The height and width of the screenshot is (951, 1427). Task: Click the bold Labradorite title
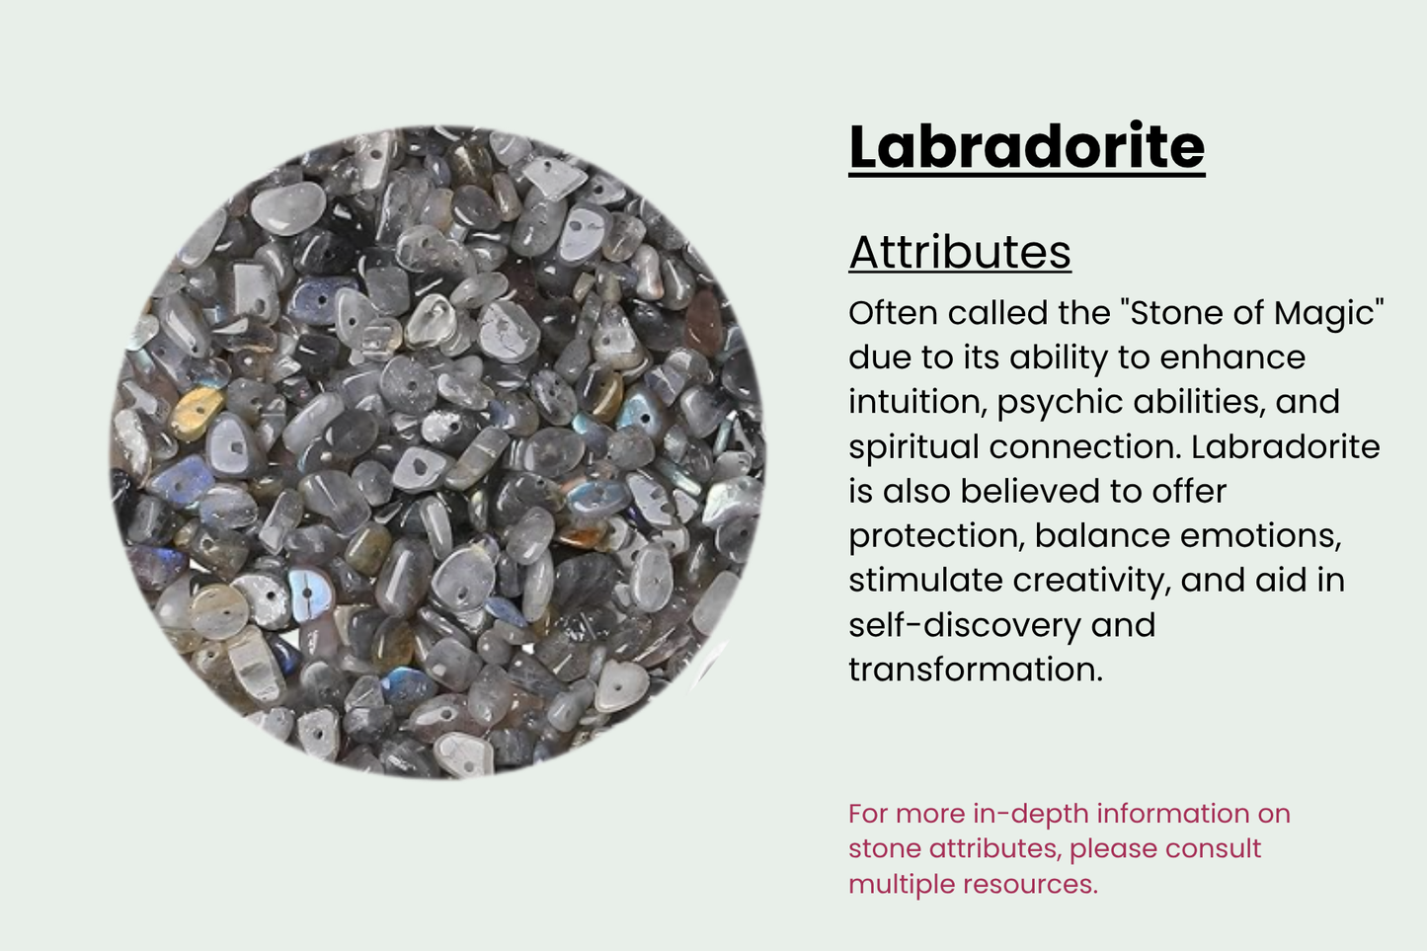click(x=1026, y=147)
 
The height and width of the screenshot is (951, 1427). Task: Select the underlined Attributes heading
click(x=959, y=253)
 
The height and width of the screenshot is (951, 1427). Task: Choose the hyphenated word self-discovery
click(x=964, y=625)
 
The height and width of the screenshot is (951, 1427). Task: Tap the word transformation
click(x=974, y=670)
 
